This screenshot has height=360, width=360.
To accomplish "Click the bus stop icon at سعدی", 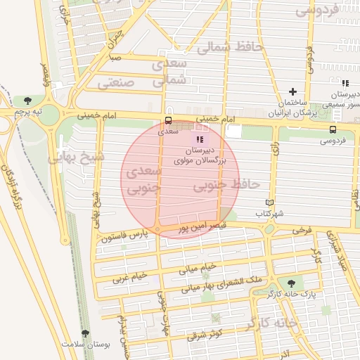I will pos(167,120).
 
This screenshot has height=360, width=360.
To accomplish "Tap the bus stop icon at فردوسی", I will pos(333,129).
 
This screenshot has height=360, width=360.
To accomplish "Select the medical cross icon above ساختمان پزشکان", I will pos(293,91).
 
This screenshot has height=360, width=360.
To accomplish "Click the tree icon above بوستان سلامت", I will pos(86,334).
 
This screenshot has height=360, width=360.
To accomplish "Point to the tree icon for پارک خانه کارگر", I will pos(292,283).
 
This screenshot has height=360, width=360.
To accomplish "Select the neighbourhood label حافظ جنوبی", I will pos(226,184).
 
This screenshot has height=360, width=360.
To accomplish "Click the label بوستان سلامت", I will pos(82,345).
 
